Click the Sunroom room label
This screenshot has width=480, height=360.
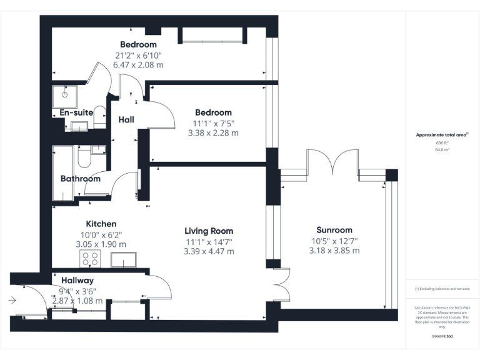tap(334, 230)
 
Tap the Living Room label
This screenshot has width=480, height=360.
tap(209, 230)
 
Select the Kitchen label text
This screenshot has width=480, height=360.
tap(101, 224)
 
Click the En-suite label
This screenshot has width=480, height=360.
tap(76, 112)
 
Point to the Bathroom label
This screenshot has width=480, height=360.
tap(81, 179)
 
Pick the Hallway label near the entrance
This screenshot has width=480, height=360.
tap(77, 281)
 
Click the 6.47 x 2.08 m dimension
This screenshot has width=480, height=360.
tap(139, 64)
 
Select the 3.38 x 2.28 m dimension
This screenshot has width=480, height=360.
tap(213, 133)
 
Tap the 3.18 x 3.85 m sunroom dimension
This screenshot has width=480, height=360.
tap(334, 251)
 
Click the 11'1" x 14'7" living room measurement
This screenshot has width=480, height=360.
tap(209, 241)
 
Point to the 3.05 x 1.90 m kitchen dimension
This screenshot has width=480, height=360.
tap(101, 244)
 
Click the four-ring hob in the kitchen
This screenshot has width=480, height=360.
tap(90, 259)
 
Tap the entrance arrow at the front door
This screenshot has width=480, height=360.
tap(12, 301)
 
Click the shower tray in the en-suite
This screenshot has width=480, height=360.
tap(64, 95)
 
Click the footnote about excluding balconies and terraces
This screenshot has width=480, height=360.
tap(442, 289)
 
